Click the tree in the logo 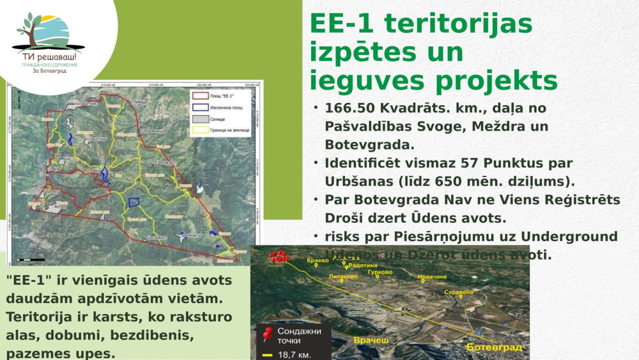point(29,29)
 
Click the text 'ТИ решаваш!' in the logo point(49,57)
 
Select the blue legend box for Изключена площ point(200,107)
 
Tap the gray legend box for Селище point(200,119)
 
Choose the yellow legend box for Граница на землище point(200,130)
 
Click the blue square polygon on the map point(134,203)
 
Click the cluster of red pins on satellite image point(277,256)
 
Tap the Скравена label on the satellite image point(458,292)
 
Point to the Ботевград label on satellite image point(494,347)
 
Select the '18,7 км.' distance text point(294,354)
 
